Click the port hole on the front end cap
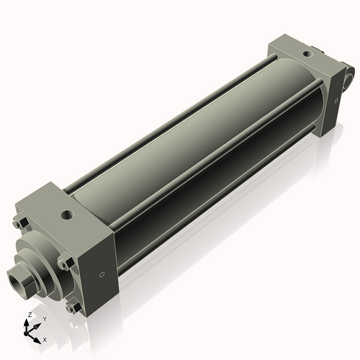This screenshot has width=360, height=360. click(66, 214)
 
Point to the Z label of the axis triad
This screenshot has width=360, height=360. click(29, 315)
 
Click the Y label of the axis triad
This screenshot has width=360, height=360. click(45, 319)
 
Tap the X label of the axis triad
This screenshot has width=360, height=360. click(45, 338)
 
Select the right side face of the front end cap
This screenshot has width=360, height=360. click(97, 270)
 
